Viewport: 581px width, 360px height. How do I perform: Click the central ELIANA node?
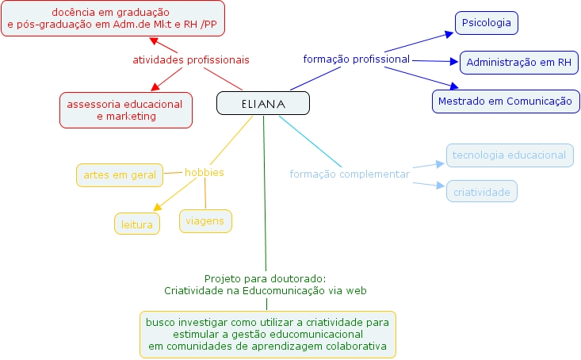(x=263, y=104)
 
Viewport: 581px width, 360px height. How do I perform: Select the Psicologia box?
(x=486, y=23)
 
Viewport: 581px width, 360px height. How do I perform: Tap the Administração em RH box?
(x=519, y=62)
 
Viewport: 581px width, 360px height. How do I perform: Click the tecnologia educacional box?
(x=509, y=155)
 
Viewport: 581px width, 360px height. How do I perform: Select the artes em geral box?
(x=119, y=175)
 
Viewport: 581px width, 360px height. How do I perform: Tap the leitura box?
(x=136, y=224)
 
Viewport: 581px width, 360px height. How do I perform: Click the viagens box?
(x=205, y=221)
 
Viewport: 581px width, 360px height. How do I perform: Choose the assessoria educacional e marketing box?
(x=126, y=110)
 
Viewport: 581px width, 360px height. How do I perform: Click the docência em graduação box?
(x=112, y=19)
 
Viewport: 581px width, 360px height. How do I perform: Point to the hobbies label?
(x=204, y=172)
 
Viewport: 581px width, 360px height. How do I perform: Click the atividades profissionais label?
(x=190, y=59)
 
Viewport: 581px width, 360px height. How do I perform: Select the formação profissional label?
(x=356, y=59)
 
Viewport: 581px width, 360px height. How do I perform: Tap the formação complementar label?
(x=350, y=174)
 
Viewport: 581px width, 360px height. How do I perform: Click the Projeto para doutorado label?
(x=265, y=285)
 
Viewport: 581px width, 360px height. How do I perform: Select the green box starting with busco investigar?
(x=268, y=334)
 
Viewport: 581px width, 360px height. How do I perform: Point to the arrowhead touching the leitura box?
(x=157, y=208)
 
